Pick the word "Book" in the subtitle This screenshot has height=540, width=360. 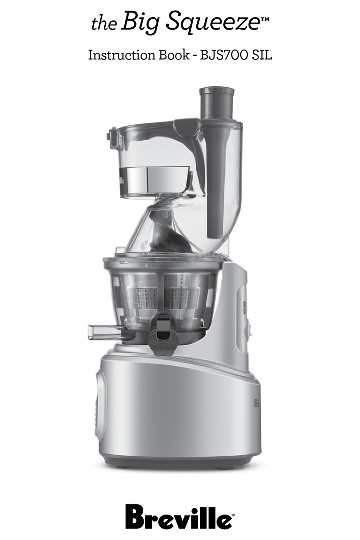click(174, 55)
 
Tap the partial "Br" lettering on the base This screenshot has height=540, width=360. click(257, 403)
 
